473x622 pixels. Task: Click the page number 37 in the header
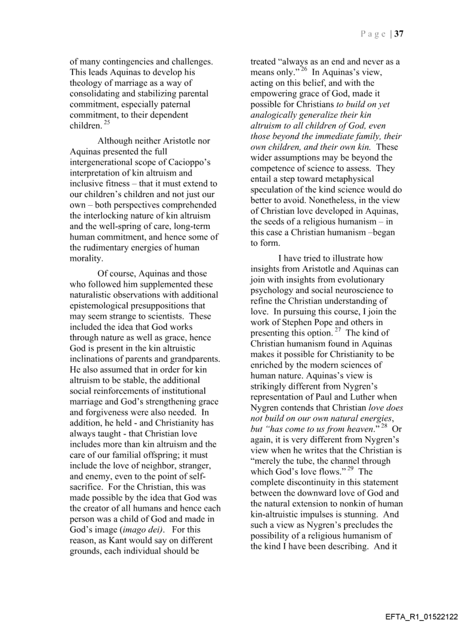399,34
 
